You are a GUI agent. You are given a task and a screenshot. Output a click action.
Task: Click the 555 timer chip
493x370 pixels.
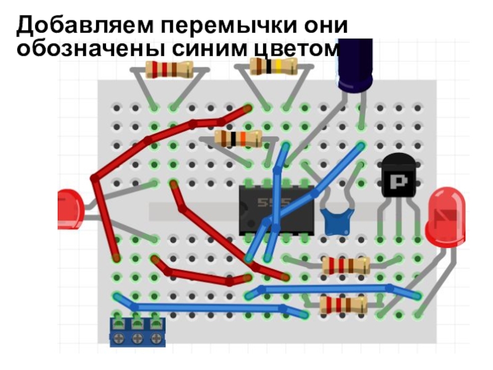276,210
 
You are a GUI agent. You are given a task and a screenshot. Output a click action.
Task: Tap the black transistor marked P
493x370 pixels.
398,176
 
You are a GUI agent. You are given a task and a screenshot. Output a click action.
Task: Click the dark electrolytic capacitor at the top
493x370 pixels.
356,65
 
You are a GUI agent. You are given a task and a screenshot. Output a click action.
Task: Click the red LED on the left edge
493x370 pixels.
71,209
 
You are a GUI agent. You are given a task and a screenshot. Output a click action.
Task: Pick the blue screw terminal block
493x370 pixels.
137,332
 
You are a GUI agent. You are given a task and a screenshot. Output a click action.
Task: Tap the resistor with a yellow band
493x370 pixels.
274,67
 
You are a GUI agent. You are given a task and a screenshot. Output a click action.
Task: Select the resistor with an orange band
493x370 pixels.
238,138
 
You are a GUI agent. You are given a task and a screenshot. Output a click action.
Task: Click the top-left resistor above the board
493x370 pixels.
169,70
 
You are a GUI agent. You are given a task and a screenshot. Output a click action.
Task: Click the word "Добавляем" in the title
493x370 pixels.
85,25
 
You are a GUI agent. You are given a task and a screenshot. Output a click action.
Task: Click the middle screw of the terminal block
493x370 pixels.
137,339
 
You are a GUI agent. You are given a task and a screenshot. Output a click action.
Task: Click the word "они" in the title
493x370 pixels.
326,26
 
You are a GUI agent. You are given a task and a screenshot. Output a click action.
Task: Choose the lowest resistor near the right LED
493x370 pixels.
343,305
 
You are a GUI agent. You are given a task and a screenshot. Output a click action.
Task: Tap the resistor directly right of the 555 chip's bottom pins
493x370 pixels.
346,266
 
